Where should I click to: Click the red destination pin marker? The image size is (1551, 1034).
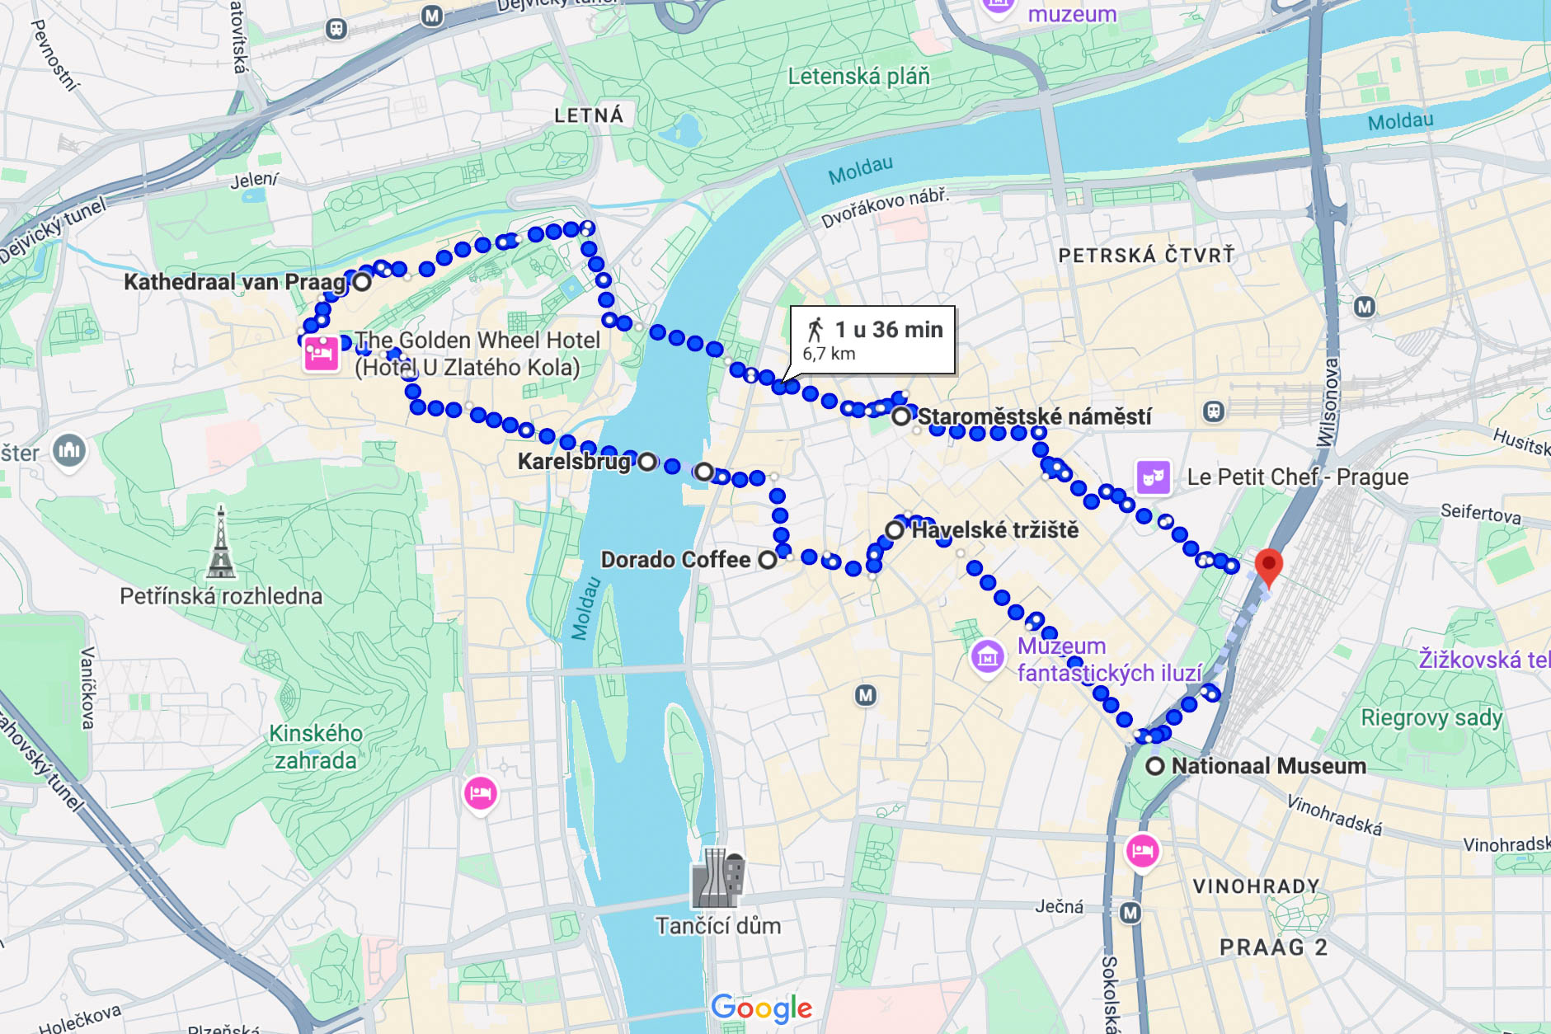pyautogui.click(x=1268, y=566)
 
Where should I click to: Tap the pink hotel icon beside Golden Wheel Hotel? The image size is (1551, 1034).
pyautogui.click(x=321, y=354)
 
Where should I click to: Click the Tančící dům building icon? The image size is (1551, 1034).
pyautogui.click(x=718, y=879)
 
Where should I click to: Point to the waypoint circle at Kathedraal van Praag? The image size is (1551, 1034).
pyautogui.click(x=362, y=282)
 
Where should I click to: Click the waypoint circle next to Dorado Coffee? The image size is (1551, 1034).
pyautogui.click(x=768, y=560)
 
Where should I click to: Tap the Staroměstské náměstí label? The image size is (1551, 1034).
pyautogui.click(x=1034, y=417)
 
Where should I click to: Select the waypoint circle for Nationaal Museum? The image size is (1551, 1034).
pyautogui.click(x=1155, y=766)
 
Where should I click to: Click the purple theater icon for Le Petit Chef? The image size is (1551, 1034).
pyautogui.click(x=1153, y=477)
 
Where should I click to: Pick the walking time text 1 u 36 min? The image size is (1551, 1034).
pyautogui.click(x=888, y=330)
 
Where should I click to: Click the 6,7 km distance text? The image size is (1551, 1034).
pyautogui.click(x=829, y=354)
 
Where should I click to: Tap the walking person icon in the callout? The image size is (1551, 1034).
pyautogui.click(x=815, y=329)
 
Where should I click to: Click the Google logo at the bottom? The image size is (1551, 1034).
pyautogui.click(x=761, y=1008)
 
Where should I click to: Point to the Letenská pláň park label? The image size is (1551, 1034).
pyautogui.click(x=858, y=77)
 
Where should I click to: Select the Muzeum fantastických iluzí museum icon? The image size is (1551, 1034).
pyautogui.click(x=987, y=657)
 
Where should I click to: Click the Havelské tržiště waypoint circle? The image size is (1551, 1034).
pyautogui.click(x=895, y=529)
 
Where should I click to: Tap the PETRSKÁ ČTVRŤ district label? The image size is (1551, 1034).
pyautogui.click(x=1146, y=256)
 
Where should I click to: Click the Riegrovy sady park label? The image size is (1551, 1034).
pyautogui.click(x=1431, y=717)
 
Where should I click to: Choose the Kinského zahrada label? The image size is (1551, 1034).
pyautogui.click(x=316, y=746)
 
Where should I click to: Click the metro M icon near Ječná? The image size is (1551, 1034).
pyautogui.click(x=1130, y=913)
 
